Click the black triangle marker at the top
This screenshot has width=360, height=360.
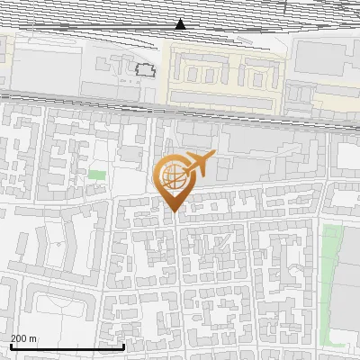[181, 23]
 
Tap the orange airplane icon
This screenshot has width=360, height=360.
[200, 164]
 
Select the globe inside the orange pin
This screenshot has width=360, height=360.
[172, 178]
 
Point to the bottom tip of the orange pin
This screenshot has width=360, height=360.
[173, 212]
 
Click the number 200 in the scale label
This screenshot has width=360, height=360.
[20, 338]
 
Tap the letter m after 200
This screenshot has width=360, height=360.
[33, 338]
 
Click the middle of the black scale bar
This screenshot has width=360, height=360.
[67, 346]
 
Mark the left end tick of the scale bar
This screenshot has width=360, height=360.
[10, 346]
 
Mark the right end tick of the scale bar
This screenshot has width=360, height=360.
[123, 346]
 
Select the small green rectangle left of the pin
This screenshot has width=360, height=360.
[97, 174]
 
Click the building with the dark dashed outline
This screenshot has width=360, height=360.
[144, 68]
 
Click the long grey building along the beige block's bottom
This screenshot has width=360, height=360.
[220, 96]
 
